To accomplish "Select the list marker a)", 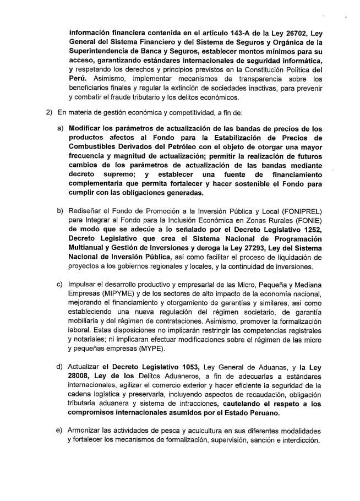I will tap(61, 127).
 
